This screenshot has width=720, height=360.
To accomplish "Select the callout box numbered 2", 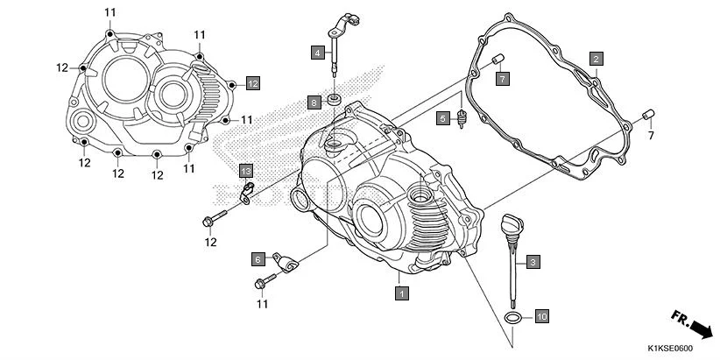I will coord(596,59).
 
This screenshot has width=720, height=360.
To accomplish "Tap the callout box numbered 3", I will coord(533,261).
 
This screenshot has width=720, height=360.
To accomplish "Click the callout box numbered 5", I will coord(443,118).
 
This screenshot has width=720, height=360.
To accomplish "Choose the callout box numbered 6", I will coord(258,259).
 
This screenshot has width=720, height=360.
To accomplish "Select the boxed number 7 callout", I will coord(502,80).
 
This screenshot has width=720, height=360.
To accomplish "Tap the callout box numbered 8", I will coord(314,102).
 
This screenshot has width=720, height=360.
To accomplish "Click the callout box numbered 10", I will coord(541,315).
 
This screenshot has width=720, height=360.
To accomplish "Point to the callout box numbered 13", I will coord(246,170).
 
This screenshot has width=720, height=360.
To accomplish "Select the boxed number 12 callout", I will coord(252,83).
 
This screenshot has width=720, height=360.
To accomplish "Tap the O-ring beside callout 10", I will coord(515,315).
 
